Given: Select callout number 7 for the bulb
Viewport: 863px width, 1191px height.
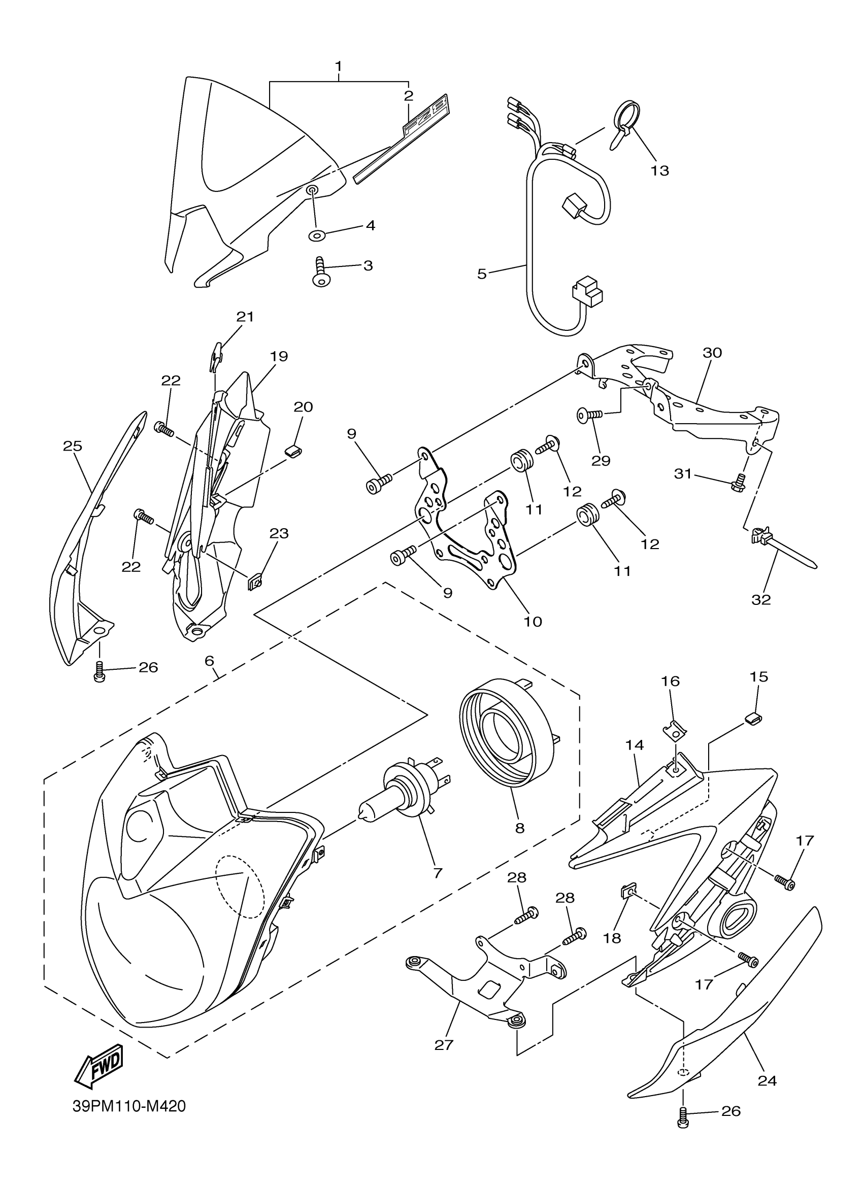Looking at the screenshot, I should [x=438, y=873].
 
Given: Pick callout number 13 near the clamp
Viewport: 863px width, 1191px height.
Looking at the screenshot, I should [x=660, y=170].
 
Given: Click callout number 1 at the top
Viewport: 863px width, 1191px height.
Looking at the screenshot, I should [x=339, y=66].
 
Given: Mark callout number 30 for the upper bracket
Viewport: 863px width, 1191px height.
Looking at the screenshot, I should [x=712, y=353].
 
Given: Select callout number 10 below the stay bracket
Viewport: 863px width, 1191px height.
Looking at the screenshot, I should [x=533, y=622].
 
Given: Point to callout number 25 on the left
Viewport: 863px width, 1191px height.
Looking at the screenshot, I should [x=73, y=446].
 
